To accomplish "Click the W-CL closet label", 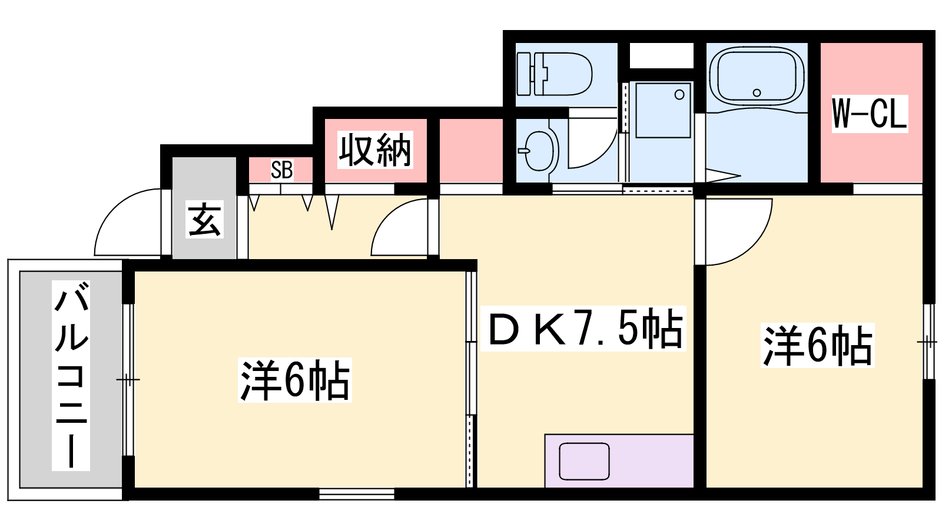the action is click(x=870, y=114).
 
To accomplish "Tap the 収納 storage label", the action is click(x=375, y=150).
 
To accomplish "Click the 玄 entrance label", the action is click(x=204, y=219).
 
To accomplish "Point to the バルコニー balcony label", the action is click(x=71, y=376).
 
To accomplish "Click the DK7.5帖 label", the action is click(x=583, y=329).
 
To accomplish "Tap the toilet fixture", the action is click(x=554, y=74).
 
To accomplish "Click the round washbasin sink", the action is click(x=539, y=150).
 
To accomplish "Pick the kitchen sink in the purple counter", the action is click(x=584, y=462).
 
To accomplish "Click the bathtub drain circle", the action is click(x=757, y=93).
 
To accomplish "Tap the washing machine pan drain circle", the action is click(x=679, y=95).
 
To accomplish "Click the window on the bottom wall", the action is click(x=357, y=494).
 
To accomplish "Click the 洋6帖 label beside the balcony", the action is click(x=294, y=380).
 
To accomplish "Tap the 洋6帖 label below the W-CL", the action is click(x=818, y=345).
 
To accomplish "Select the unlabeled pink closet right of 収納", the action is click(x=471, y=151).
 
